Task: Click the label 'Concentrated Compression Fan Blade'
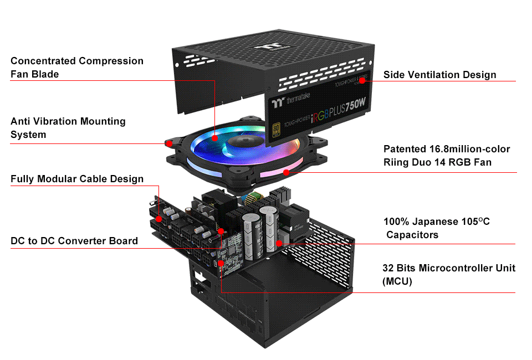[76, 67]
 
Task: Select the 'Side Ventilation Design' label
[439, 75]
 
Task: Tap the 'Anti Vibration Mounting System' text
[68, 127]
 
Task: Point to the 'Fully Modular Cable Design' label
[77, 179]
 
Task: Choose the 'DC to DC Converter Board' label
[74, 241]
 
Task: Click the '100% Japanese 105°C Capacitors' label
[437, 228]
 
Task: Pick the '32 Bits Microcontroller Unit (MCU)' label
[449, 275]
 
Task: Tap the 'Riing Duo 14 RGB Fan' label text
[437, 162]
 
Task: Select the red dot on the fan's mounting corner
[168, 143]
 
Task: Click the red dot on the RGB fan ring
[287, 172]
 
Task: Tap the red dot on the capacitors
[279, 243]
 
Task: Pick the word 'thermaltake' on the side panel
[298, 97]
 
